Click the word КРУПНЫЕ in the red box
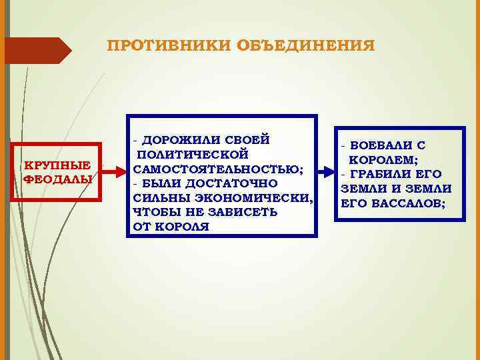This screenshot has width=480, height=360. coord(57,165)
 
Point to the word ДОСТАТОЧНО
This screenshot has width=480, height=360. coord(228,183)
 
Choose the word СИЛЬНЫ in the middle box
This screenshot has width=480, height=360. coord(158,198)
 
